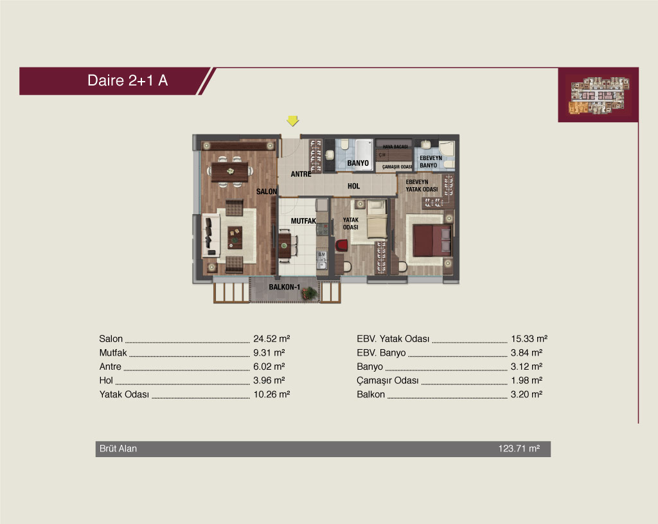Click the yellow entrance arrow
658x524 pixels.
point(292,121)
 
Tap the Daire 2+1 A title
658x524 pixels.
point(128,80)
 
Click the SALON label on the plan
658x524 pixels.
point(267,192)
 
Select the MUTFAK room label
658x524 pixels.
point(303,221)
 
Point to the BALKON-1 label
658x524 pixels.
point(284,287)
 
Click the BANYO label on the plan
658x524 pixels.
point(358,163)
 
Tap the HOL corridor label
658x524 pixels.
point(354,186)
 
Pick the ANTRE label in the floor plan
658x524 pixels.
point(301,174)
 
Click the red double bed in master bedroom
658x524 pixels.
point(432,240)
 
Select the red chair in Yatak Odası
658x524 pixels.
point(341,246)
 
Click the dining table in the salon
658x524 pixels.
point(229,172)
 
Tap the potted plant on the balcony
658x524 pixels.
point(310,293)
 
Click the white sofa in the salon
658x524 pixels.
point(211,235)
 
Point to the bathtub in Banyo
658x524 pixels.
point(364,154)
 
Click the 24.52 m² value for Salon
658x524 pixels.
point(272,338)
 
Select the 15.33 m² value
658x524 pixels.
point(529,338)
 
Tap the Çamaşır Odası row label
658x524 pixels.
point(387,381)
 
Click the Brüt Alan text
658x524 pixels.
point(118,448)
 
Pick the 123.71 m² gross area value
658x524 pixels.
point(519,448)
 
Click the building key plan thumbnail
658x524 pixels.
point(599,95)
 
